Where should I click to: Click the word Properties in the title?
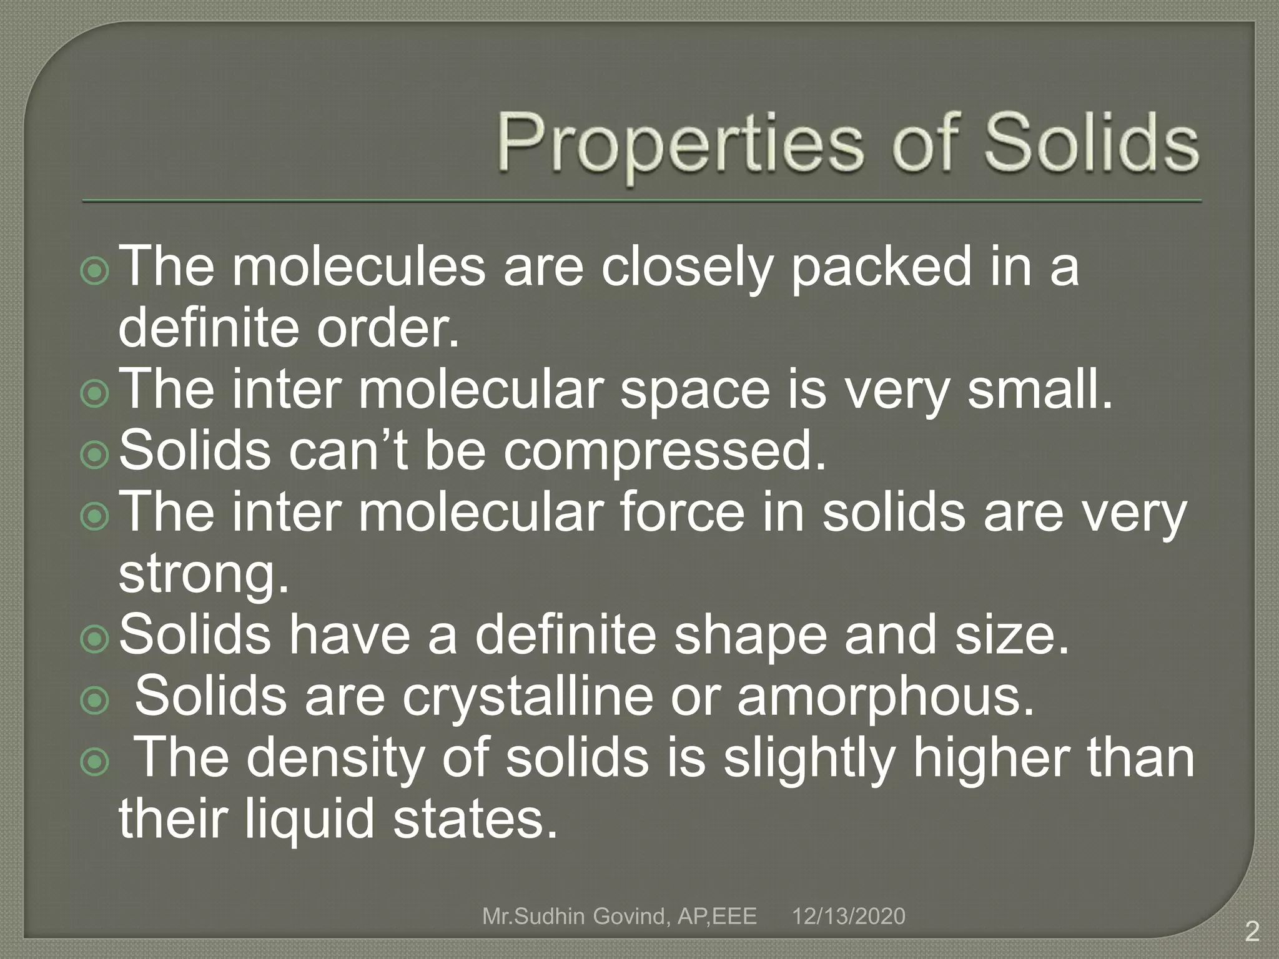click(x=678, y=145)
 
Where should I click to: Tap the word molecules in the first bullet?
click(x=358, y=267)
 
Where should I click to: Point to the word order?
click(x=387, y=328)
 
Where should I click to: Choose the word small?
click(x=1040, y=389)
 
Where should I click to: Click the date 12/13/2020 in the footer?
click(x=848, y=916)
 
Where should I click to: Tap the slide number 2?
click(x=1252, y=932)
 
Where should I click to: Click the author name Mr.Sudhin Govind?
click(x=575, y=917)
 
